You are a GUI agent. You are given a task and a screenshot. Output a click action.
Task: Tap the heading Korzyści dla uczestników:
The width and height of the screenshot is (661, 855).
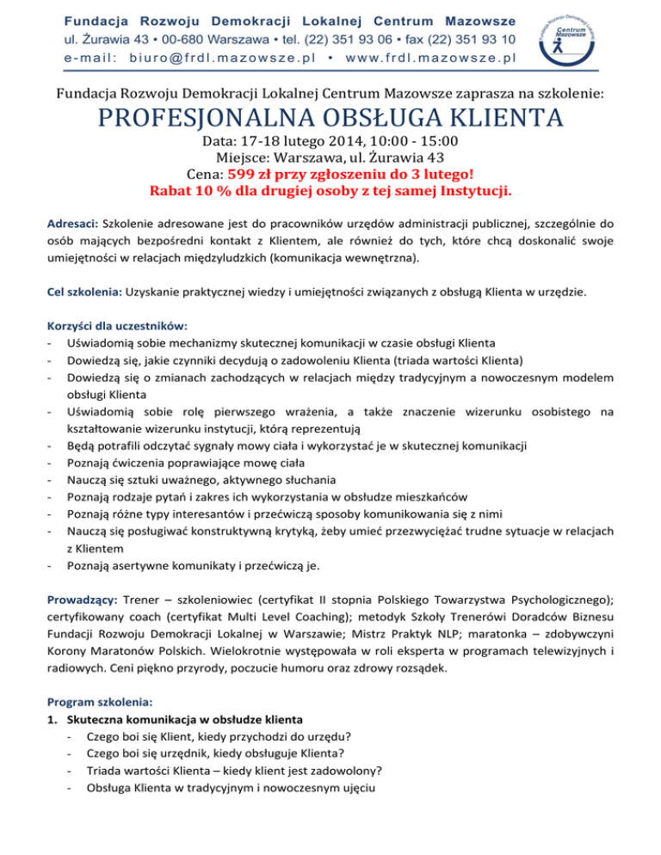118,326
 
